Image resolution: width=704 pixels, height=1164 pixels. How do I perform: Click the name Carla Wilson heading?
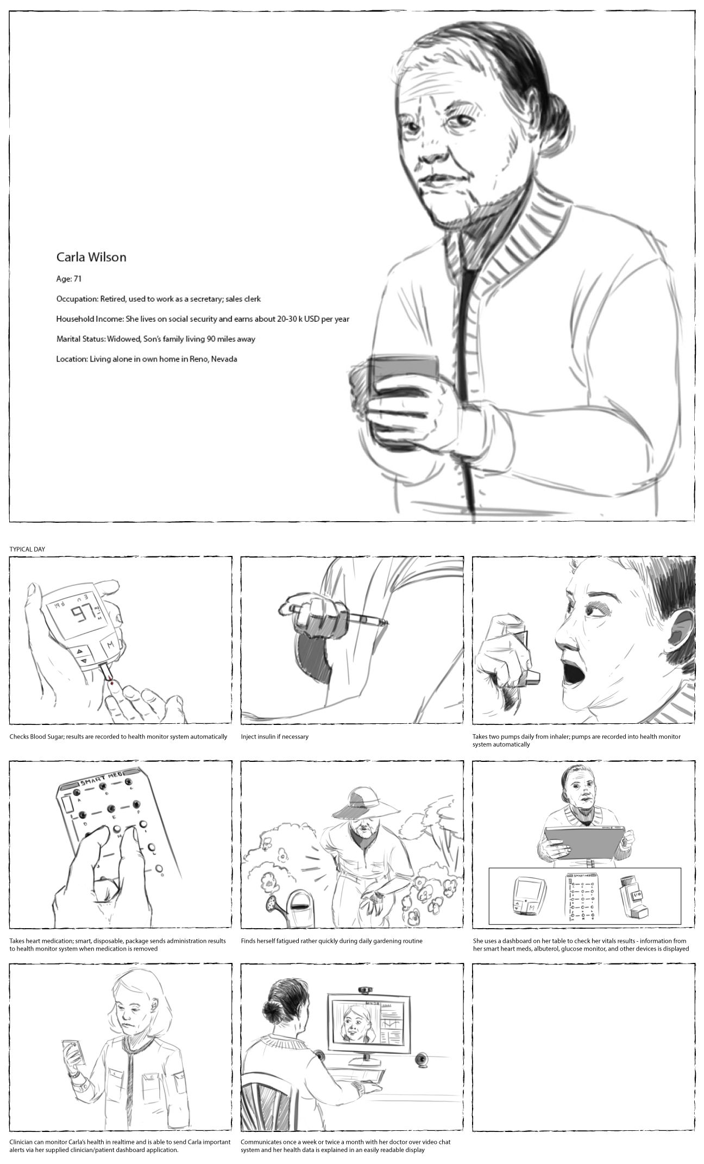[x=91, y=257]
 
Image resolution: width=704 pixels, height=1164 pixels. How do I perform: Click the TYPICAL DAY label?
[x=27, y=549]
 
